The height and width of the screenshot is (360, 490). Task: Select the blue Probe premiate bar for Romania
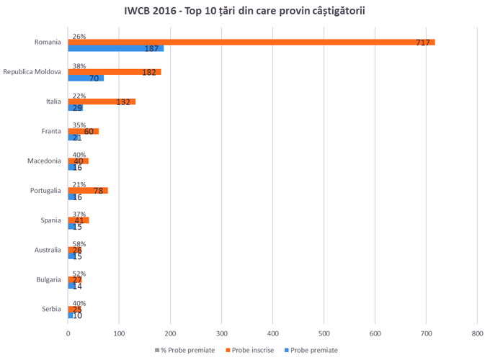tap(115, 49)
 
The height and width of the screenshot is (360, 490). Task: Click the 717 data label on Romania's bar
tap(423, 43)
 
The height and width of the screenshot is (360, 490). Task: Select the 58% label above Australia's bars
tap(79, 243)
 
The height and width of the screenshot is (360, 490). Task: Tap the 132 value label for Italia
tap(123, 102)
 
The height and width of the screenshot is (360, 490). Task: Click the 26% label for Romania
tap(79, 36)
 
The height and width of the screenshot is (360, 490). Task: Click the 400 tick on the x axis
tap(272, 333)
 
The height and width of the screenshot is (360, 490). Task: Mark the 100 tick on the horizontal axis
tap(119, 333)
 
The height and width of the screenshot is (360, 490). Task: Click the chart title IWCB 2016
tap(244, 13)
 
